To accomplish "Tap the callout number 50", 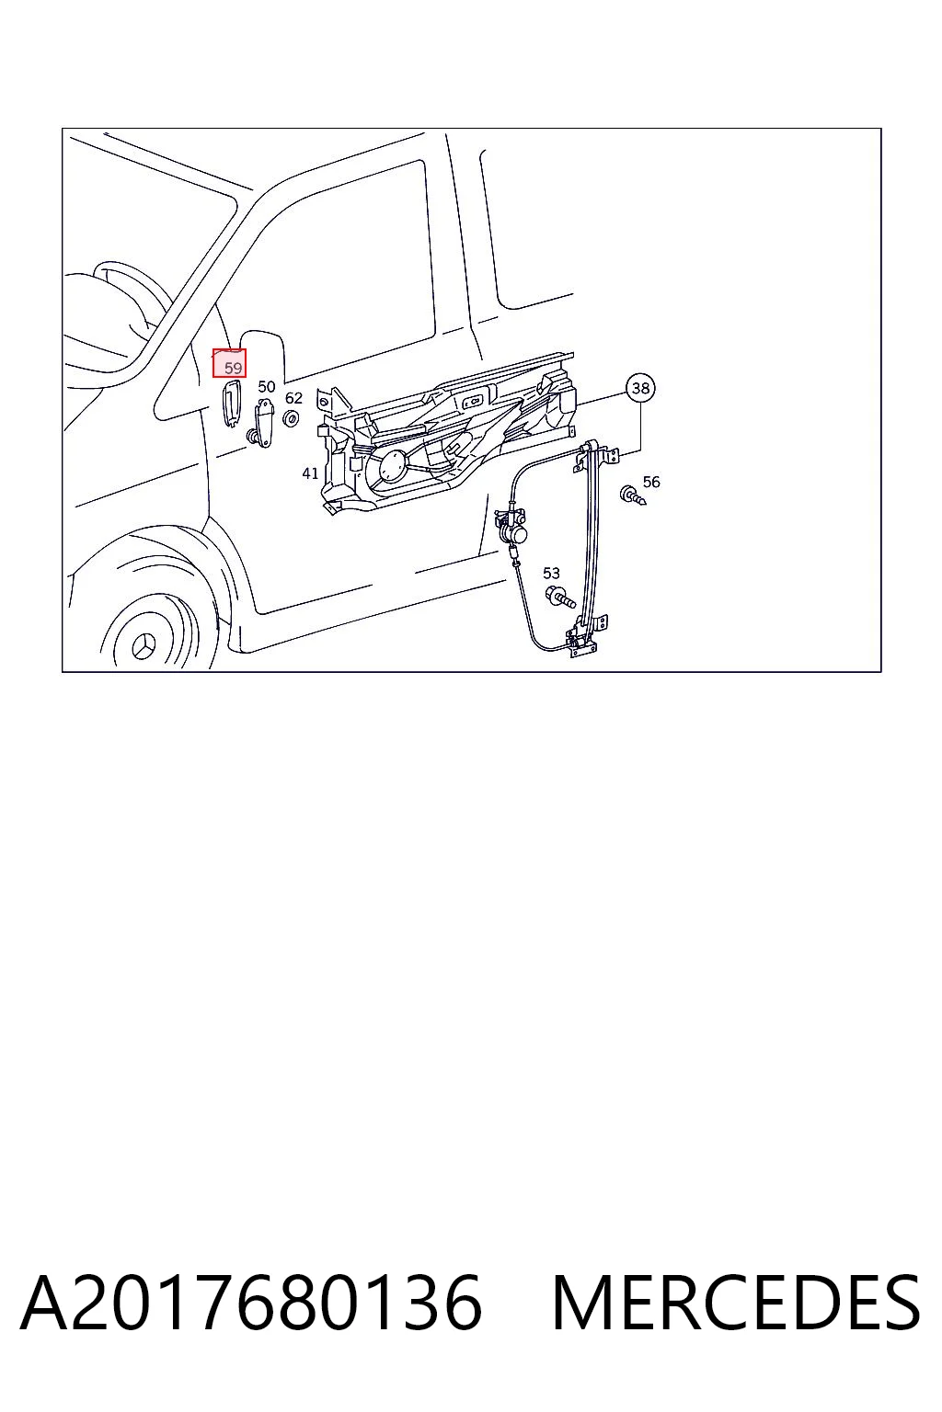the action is tap(267, 386).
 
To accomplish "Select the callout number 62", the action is tap(294, 398).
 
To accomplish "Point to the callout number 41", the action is tap(310, 473).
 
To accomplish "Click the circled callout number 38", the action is tap(640, 388).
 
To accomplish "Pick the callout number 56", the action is tap(651, 482).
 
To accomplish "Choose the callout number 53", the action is tap(551, 573).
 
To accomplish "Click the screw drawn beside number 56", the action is tap(633, 495).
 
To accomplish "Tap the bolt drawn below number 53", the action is tap(559, 596).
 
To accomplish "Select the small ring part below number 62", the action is tap(291, 417).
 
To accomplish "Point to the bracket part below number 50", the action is tap(263, 423).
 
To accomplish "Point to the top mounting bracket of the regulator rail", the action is tap(595, 455).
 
